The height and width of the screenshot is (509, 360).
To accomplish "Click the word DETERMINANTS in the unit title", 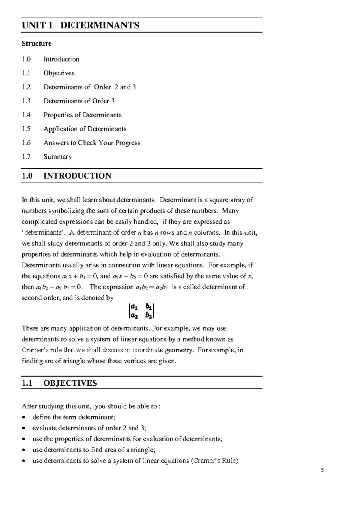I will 100,25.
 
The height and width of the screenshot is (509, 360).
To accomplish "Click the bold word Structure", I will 37,44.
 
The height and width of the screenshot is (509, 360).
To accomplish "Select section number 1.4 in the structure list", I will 26,115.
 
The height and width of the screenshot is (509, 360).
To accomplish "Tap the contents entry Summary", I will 57,157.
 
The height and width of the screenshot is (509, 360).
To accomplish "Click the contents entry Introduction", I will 61,59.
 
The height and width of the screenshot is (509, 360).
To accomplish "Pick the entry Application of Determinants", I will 85,129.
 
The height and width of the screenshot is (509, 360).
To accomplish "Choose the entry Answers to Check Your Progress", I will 92,143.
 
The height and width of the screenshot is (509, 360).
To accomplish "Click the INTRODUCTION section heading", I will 77,176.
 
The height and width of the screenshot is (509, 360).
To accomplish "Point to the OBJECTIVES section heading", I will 70,383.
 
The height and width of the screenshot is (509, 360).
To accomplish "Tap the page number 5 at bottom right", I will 322,470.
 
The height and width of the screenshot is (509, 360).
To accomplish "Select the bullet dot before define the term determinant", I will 24,417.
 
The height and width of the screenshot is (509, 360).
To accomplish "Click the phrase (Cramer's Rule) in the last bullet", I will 214,461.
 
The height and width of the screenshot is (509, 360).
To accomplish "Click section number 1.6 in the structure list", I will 26,143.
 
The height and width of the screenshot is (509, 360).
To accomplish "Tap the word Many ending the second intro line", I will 230,211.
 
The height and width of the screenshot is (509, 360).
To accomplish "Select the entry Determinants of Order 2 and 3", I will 89,87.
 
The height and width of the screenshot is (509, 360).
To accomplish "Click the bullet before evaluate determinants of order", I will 24,428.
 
